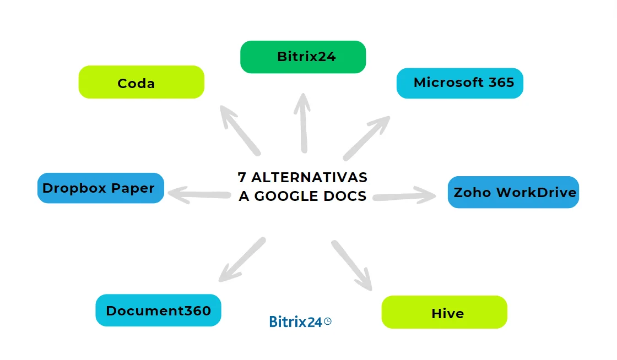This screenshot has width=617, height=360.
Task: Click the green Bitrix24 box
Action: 303,57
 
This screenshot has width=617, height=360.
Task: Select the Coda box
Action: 141,82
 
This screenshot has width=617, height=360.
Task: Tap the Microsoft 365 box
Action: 459,83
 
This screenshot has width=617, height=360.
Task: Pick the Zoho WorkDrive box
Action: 513,192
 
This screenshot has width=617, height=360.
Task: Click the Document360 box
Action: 158,310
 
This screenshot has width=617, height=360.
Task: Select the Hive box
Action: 444,312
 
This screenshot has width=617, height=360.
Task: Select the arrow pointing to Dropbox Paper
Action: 198,194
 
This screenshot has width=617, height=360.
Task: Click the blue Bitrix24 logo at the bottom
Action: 296,322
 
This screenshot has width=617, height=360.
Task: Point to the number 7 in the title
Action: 242,178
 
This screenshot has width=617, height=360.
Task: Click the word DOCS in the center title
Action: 346,196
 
